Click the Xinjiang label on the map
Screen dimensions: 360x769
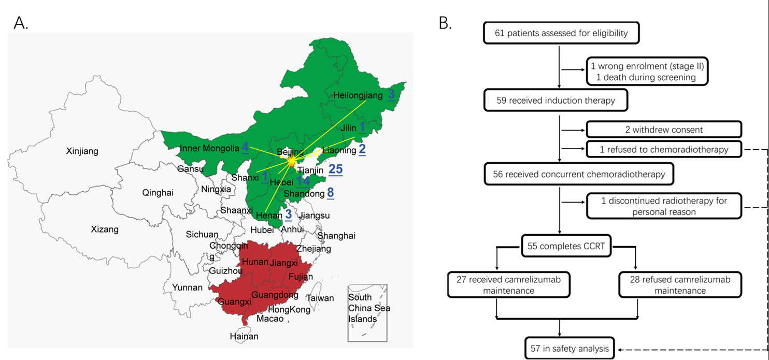coord(82,151)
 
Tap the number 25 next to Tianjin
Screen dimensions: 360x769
coord(335,169)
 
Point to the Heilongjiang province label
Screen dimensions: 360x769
coord(358,95)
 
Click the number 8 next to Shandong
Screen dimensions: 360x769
coord(330,193)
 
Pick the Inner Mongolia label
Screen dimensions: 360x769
coord(209,149)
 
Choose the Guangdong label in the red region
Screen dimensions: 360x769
coord(275,295)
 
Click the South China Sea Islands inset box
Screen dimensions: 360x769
coord(368,312)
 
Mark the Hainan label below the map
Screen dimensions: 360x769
coord(244,336)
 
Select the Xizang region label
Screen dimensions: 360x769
coord(104,229)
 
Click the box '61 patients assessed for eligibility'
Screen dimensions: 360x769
coord(561,33)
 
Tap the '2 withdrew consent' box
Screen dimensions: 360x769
coord(664,129)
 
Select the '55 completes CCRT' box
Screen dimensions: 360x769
coord(566,247)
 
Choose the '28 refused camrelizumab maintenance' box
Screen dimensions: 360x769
coord(680,285)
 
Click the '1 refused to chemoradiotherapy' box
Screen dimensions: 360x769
coord(664,149)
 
